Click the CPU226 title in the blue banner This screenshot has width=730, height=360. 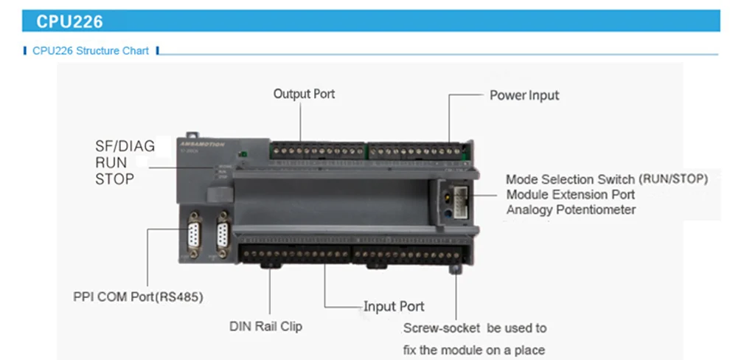70,22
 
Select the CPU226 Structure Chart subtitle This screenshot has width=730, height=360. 90,51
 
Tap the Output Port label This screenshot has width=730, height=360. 304,94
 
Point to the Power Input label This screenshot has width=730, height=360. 524,95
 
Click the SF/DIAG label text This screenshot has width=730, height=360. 125,146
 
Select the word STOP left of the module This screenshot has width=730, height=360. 114,179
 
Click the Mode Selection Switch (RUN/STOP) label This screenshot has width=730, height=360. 607,179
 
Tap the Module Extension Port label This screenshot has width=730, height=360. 570,195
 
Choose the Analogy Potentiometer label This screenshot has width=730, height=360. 571,210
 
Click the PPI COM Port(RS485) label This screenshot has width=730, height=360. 138,297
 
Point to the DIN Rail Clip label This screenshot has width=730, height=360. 265,326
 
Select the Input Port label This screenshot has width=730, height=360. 394,306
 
